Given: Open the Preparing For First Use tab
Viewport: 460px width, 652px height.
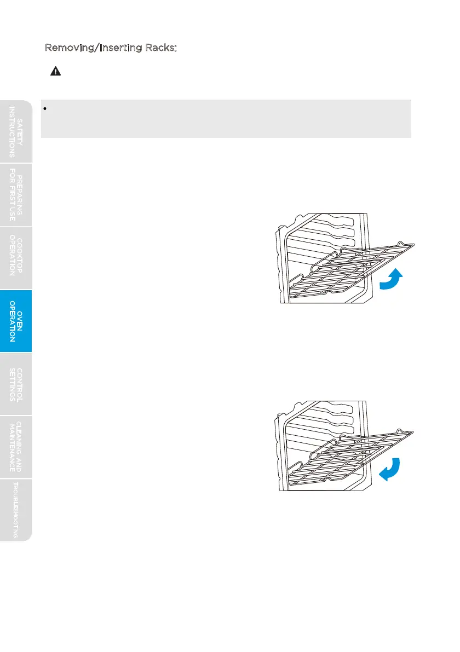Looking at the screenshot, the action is [x=16, y=194].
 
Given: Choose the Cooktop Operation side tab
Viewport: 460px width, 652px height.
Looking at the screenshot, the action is [x=16, y=258].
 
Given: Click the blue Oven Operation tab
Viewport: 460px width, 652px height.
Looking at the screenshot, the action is [x=16, y=321].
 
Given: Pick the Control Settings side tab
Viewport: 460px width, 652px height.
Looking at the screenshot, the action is [x=16, y=384].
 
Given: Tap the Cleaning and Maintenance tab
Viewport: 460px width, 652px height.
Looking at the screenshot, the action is [x=16, y=447].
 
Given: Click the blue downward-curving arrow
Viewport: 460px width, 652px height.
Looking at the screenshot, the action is [x=390, y=469].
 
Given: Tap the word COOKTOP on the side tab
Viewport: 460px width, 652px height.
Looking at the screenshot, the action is [x=20, y=258].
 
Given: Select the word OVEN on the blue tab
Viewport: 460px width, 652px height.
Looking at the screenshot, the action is [x=20, y=321].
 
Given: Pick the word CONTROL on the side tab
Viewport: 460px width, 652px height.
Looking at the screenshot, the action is [x=20, y=384].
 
